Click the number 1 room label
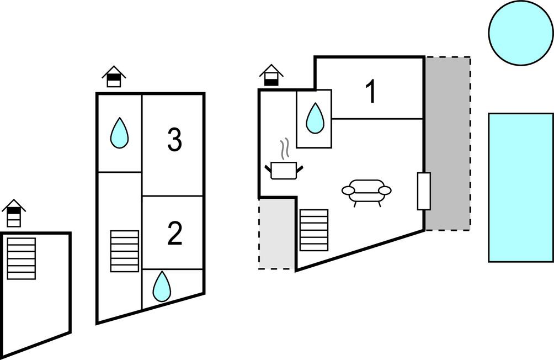371,92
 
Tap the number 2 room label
174,234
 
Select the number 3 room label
174,140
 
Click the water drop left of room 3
119,134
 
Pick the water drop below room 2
162,287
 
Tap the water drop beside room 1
315,118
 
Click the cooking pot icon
284,170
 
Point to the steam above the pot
284,149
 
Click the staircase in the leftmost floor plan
22,258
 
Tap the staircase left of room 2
125,251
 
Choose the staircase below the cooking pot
314,230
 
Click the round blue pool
521,32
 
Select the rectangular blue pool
520,187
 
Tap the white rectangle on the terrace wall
424,191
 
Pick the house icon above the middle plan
114,77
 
